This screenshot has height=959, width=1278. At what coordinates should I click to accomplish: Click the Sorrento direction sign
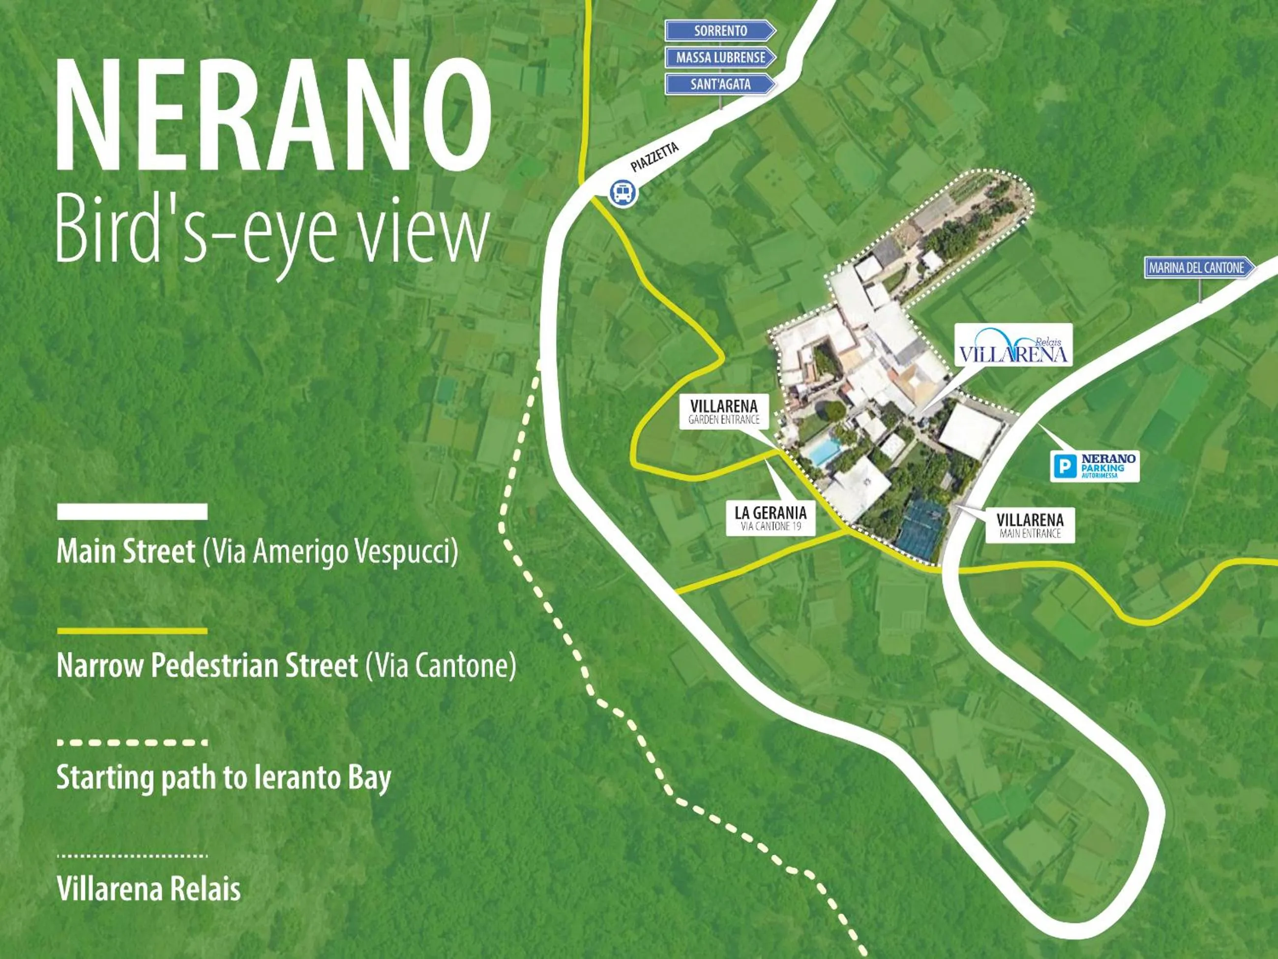pyautogui.click(x=720, y=31)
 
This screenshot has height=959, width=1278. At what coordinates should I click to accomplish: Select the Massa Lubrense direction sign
pyautogui.click(x=720, y=57)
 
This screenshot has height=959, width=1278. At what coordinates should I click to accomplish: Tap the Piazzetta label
pyautogui.click(x=654, y=157)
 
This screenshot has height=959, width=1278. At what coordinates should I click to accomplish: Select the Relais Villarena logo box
pyautogui.click(x=1013, y=344)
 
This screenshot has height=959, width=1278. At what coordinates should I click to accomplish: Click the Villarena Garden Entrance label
pyautogui.click(x=723, y=411)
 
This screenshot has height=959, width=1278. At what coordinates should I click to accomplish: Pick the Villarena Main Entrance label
pyautogui.click(x=1030, y=525)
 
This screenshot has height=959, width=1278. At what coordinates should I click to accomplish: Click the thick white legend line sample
pyautogui.click(x=132, y=512)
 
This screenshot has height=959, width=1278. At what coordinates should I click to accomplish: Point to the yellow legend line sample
pyautogui.click(x=132, y=631)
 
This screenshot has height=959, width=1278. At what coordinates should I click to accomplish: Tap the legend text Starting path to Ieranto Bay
pyautogui.click(x=224, y=777)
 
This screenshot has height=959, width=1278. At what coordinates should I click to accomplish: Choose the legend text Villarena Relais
pyautogui.click(x=149, y=889)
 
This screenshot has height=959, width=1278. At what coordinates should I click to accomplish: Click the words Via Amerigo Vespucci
pyautogui.click(x=330, y=552)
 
